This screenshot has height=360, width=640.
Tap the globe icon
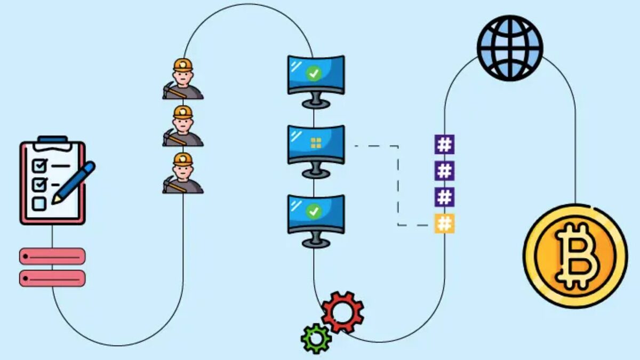[510, 47]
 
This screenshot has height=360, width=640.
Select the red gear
[342, 312]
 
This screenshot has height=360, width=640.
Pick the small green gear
[316, 338]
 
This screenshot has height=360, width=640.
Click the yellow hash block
[444, 223]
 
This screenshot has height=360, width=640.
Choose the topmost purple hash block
[444, 145]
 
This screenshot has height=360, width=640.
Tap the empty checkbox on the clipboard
[39, 203]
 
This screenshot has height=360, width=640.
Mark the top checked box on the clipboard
[39, 165]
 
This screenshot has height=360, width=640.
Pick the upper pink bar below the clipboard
[52, 256]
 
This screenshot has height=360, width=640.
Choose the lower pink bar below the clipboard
[52, 278]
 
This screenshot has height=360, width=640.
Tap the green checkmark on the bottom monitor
[314, 212]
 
